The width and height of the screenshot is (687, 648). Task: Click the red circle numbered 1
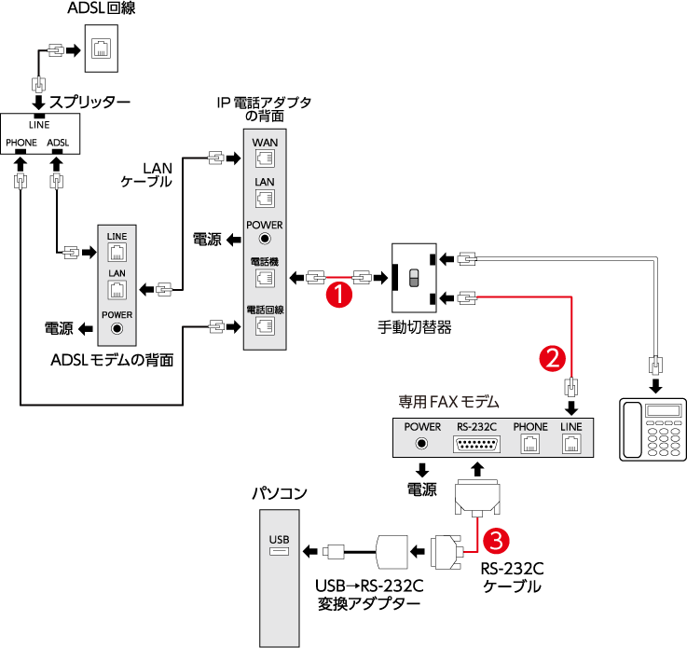point(339,295)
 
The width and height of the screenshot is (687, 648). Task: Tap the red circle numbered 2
point(553,355)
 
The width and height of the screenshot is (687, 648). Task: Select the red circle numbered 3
point(498,539)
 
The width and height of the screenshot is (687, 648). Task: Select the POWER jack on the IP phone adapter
point(265,239)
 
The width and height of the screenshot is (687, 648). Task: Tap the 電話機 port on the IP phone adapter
point(265,278)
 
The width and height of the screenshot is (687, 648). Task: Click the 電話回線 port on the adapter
point(265,325)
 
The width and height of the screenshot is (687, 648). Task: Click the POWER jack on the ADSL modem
point(117,327)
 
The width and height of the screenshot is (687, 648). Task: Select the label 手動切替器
point(415,327)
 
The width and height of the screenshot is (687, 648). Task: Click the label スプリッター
point(89,101)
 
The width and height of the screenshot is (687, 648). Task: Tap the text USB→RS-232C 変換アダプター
point(368,595)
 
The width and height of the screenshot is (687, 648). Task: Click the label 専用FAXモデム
point(449,402)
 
